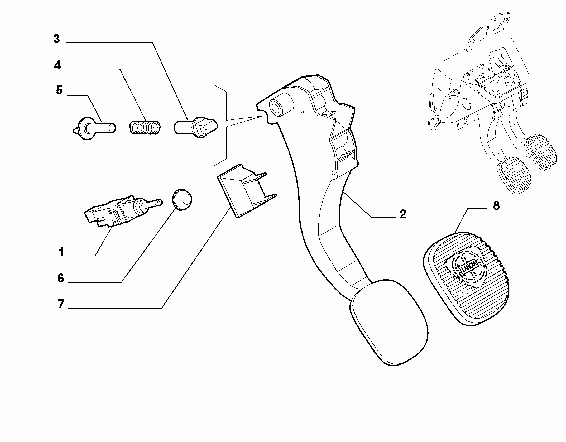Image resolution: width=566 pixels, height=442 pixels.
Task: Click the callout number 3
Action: [57, 39]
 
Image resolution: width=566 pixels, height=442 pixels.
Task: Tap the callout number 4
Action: [57, 65]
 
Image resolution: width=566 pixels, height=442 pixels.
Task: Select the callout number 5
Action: [59, 90]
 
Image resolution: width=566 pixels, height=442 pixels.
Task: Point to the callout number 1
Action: [61, 252]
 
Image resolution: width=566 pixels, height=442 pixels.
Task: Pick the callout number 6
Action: [61, 278]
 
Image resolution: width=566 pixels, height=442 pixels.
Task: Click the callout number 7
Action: [61, 304]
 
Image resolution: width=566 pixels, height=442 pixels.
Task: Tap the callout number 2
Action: [402, 214]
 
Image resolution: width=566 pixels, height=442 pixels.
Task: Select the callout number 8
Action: [496, 205]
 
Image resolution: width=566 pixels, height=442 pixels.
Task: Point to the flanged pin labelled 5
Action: [94, 128]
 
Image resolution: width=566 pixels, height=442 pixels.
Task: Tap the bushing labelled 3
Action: [196, 127]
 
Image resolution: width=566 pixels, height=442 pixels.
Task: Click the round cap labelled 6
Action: [182, 199]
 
